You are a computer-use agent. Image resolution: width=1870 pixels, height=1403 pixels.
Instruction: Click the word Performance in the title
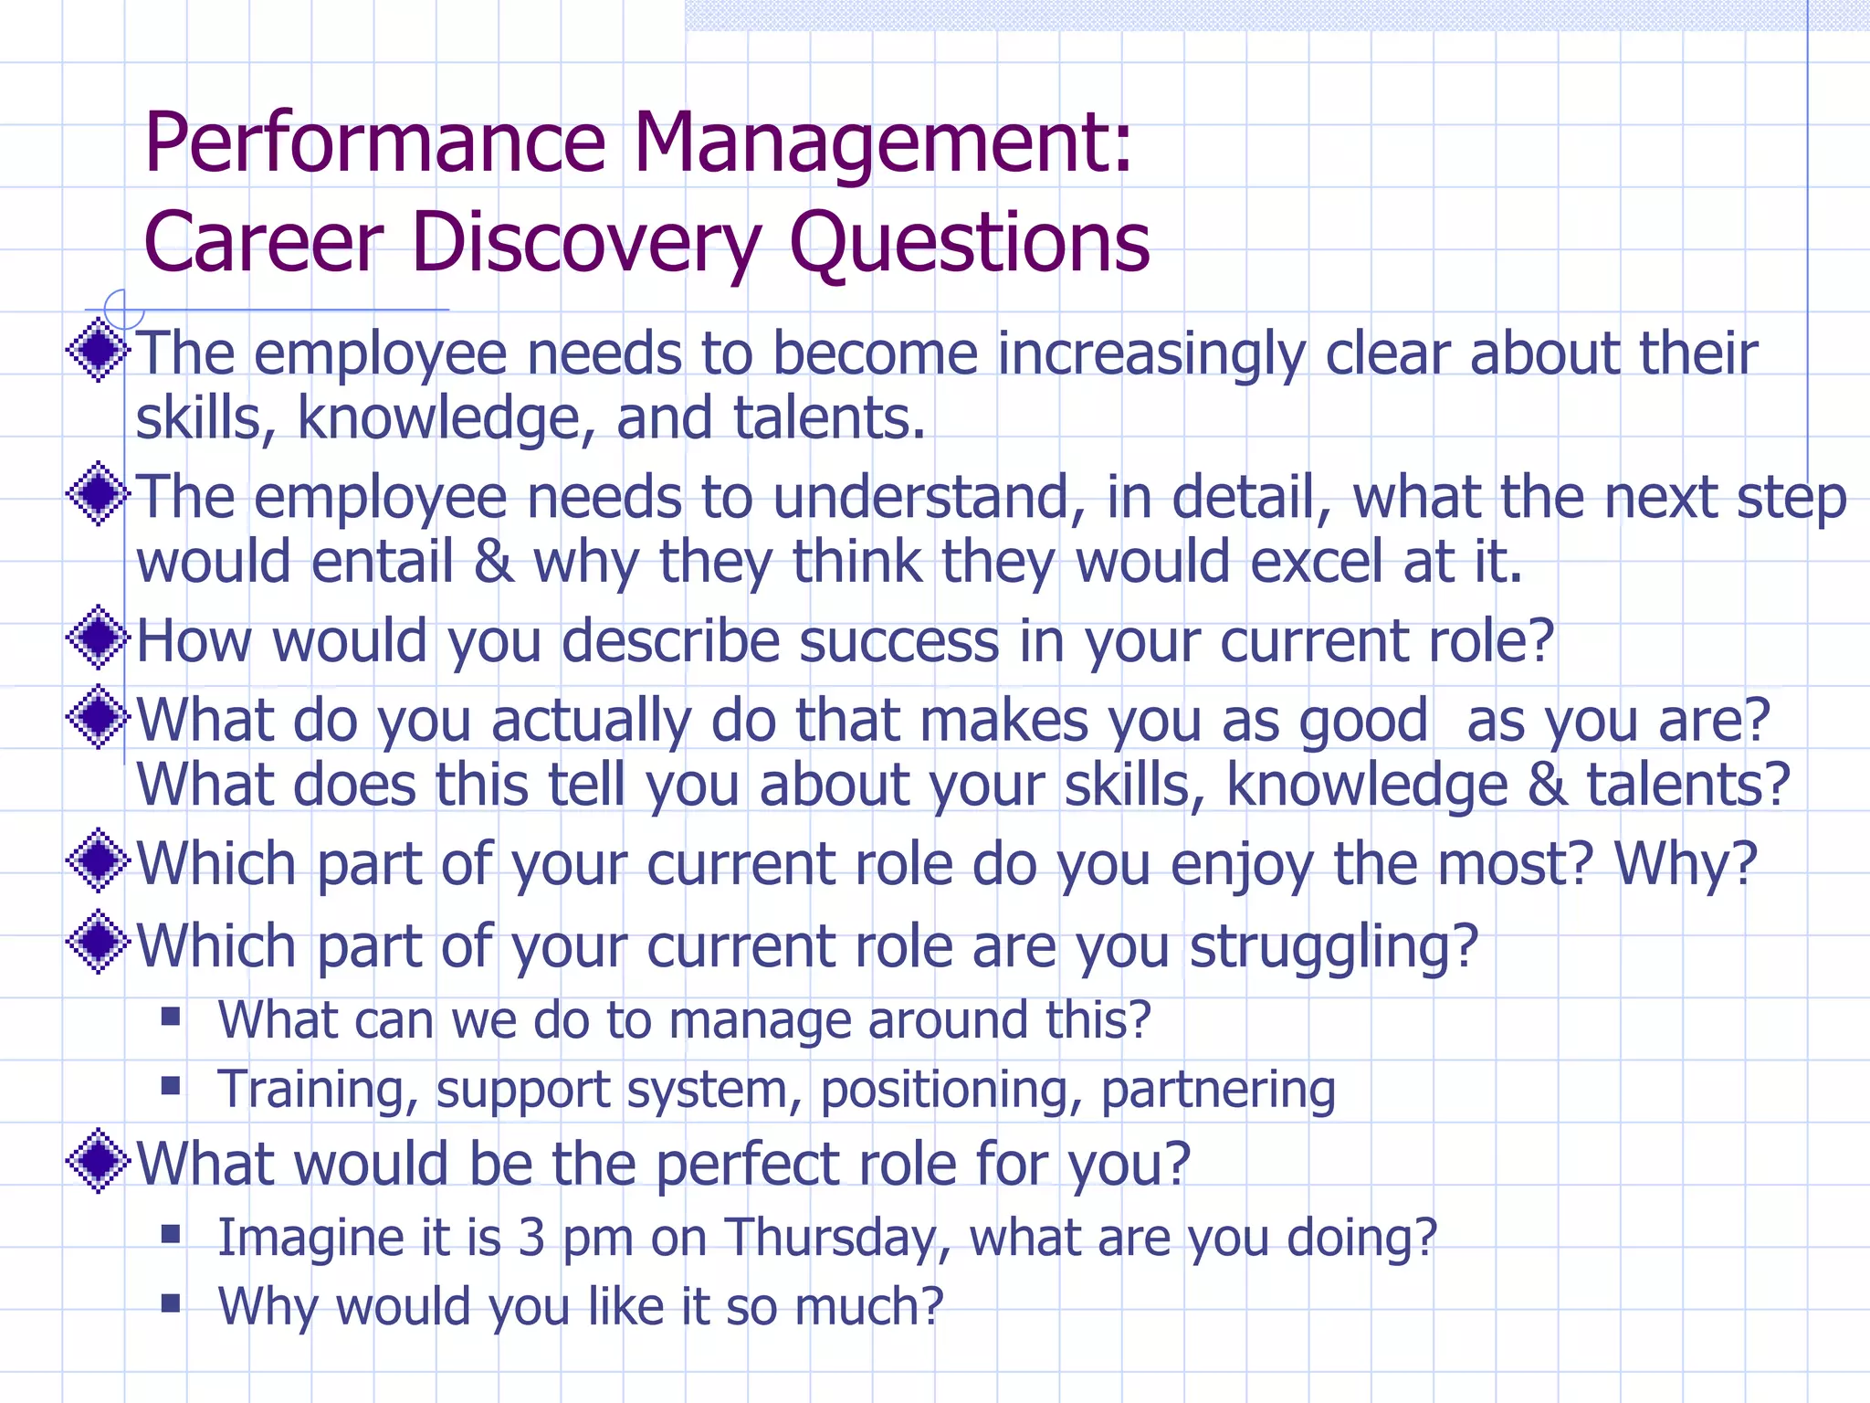point(374,144)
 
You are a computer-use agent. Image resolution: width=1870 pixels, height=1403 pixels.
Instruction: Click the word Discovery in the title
point(585,243)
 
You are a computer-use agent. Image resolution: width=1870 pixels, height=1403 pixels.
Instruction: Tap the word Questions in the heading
point(968,243)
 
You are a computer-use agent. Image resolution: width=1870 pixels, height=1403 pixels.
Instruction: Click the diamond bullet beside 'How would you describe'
point(98,638)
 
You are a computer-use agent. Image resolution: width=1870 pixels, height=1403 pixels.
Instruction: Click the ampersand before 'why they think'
point(493,562)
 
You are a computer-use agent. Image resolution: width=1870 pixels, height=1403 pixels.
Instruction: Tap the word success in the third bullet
point(898,641)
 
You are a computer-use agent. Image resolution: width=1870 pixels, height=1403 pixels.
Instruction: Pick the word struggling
point(1333,947)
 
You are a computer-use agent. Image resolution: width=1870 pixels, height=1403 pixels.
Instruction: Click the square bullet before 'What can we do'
point(171,1017)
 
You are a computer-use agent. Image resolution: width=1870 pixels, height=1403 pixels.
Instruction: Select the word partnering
point(1218,1090)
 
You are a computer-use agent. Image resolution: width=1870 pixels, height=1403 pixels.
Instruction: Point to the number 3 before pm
point(531,1238)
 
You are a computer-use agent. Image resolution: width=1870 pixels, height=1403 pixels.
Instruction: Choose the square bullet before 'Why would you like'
point(171,1303)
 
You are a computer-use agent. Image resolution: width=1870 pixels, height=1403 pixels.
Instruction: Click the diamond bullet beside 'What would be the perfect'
point(98,1161)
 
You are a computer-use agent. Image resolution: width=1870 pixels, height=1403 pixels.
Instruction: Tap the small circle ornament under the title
point(122,309)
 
